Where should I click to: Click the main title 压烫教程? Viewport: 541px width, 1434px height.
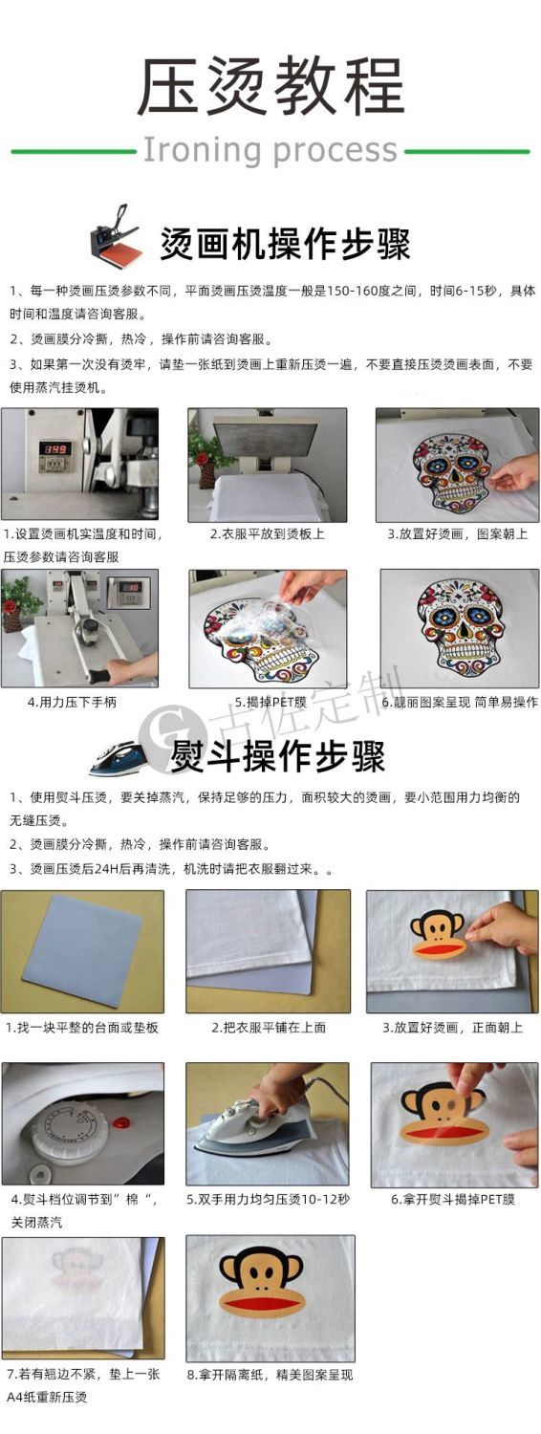[270, 86]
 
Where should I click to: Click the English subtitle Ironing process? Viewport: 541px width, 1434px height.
[270, 150]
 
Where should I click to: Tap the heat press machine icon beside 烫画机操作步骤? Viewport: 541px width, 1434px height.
[114, 233]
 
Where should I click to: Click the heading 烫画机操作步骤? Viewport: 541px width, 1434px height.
[285, 244]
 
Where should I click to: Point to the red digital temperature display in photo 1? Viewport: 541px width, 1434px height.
[54, 449]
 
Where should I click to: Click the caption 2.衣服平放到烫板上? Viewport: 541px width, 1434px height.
[268, 533]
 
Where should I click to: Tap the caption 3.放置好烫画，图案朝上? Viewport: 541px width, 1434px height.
[458, 533]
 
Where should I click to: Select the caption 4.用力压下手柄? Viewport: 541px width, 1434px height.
[72, 703]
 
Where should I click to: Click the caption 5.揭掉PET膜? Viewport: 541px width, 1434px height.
[270, 703]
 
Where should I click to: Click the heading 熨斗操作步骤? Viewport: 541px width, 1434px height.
[277, 756]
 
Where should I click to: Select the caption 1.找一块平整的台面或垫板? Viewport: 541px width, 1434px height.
[82, 1028]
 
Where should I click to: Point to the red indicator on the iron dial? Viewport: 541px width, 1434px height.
[121, 1121]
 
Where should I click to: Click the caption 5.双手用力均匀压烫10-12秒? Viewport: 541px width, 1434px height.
[269, 1200]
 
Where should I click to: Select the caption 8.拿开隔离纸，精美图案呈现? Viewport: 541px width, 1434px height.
[270, 1375]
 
